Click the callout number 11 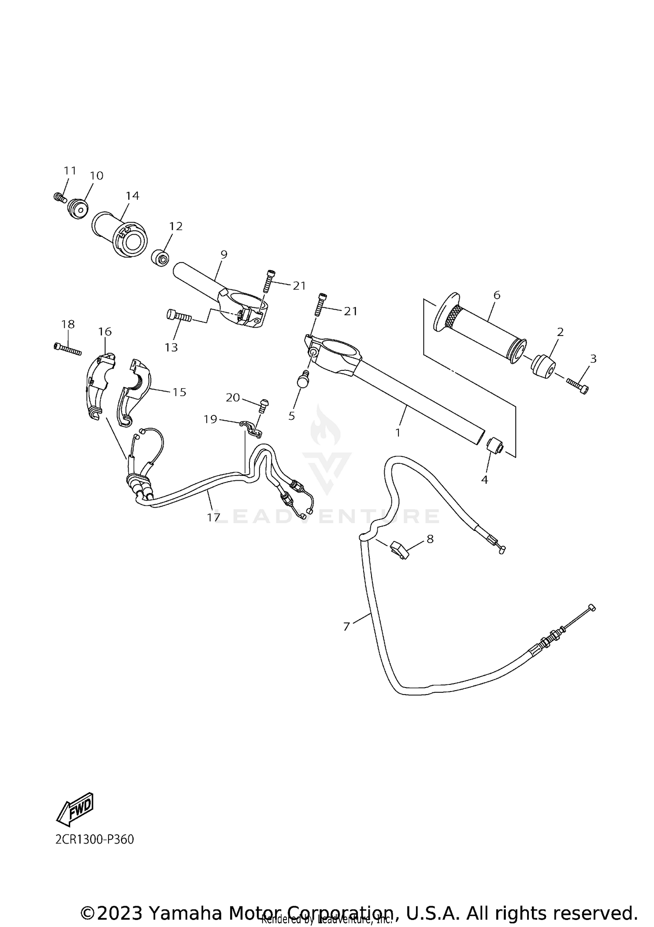tap(70, 171)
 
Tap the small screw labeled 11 tap(59, 198)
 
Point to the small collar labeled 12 tap(160, 258)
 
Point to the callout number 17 tap(213, 517)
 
